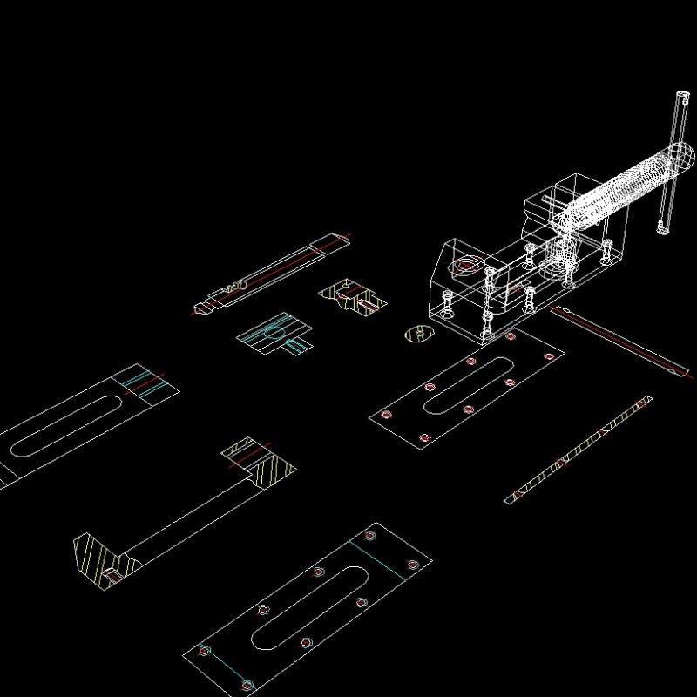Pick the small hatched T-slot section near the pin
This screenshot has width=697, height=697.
pos(352,300)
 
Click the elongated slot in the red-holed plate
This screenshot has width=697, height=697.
pos(466,383)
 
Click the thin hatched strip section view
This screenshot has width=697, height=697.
pos(579,448)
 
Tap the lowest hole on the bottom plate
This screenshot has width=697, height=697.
pos(247,686)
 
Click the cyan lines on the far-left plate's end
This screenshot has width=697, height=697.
pos(145,383)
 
